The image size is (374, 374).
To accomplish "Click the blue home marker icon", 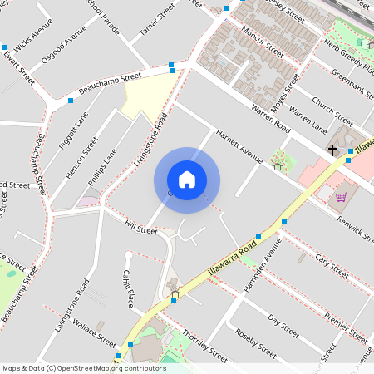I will tap(187, 180).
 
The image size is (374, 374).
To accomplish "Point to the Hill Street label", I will tap(140, 225).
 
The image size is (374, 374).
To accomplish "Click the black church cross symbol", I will tap(332, 150).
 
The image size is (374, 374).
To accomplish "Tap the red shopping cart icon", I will tap(341, 196).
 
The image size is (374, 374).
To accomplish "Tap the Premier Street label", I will tap(346, 329).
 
